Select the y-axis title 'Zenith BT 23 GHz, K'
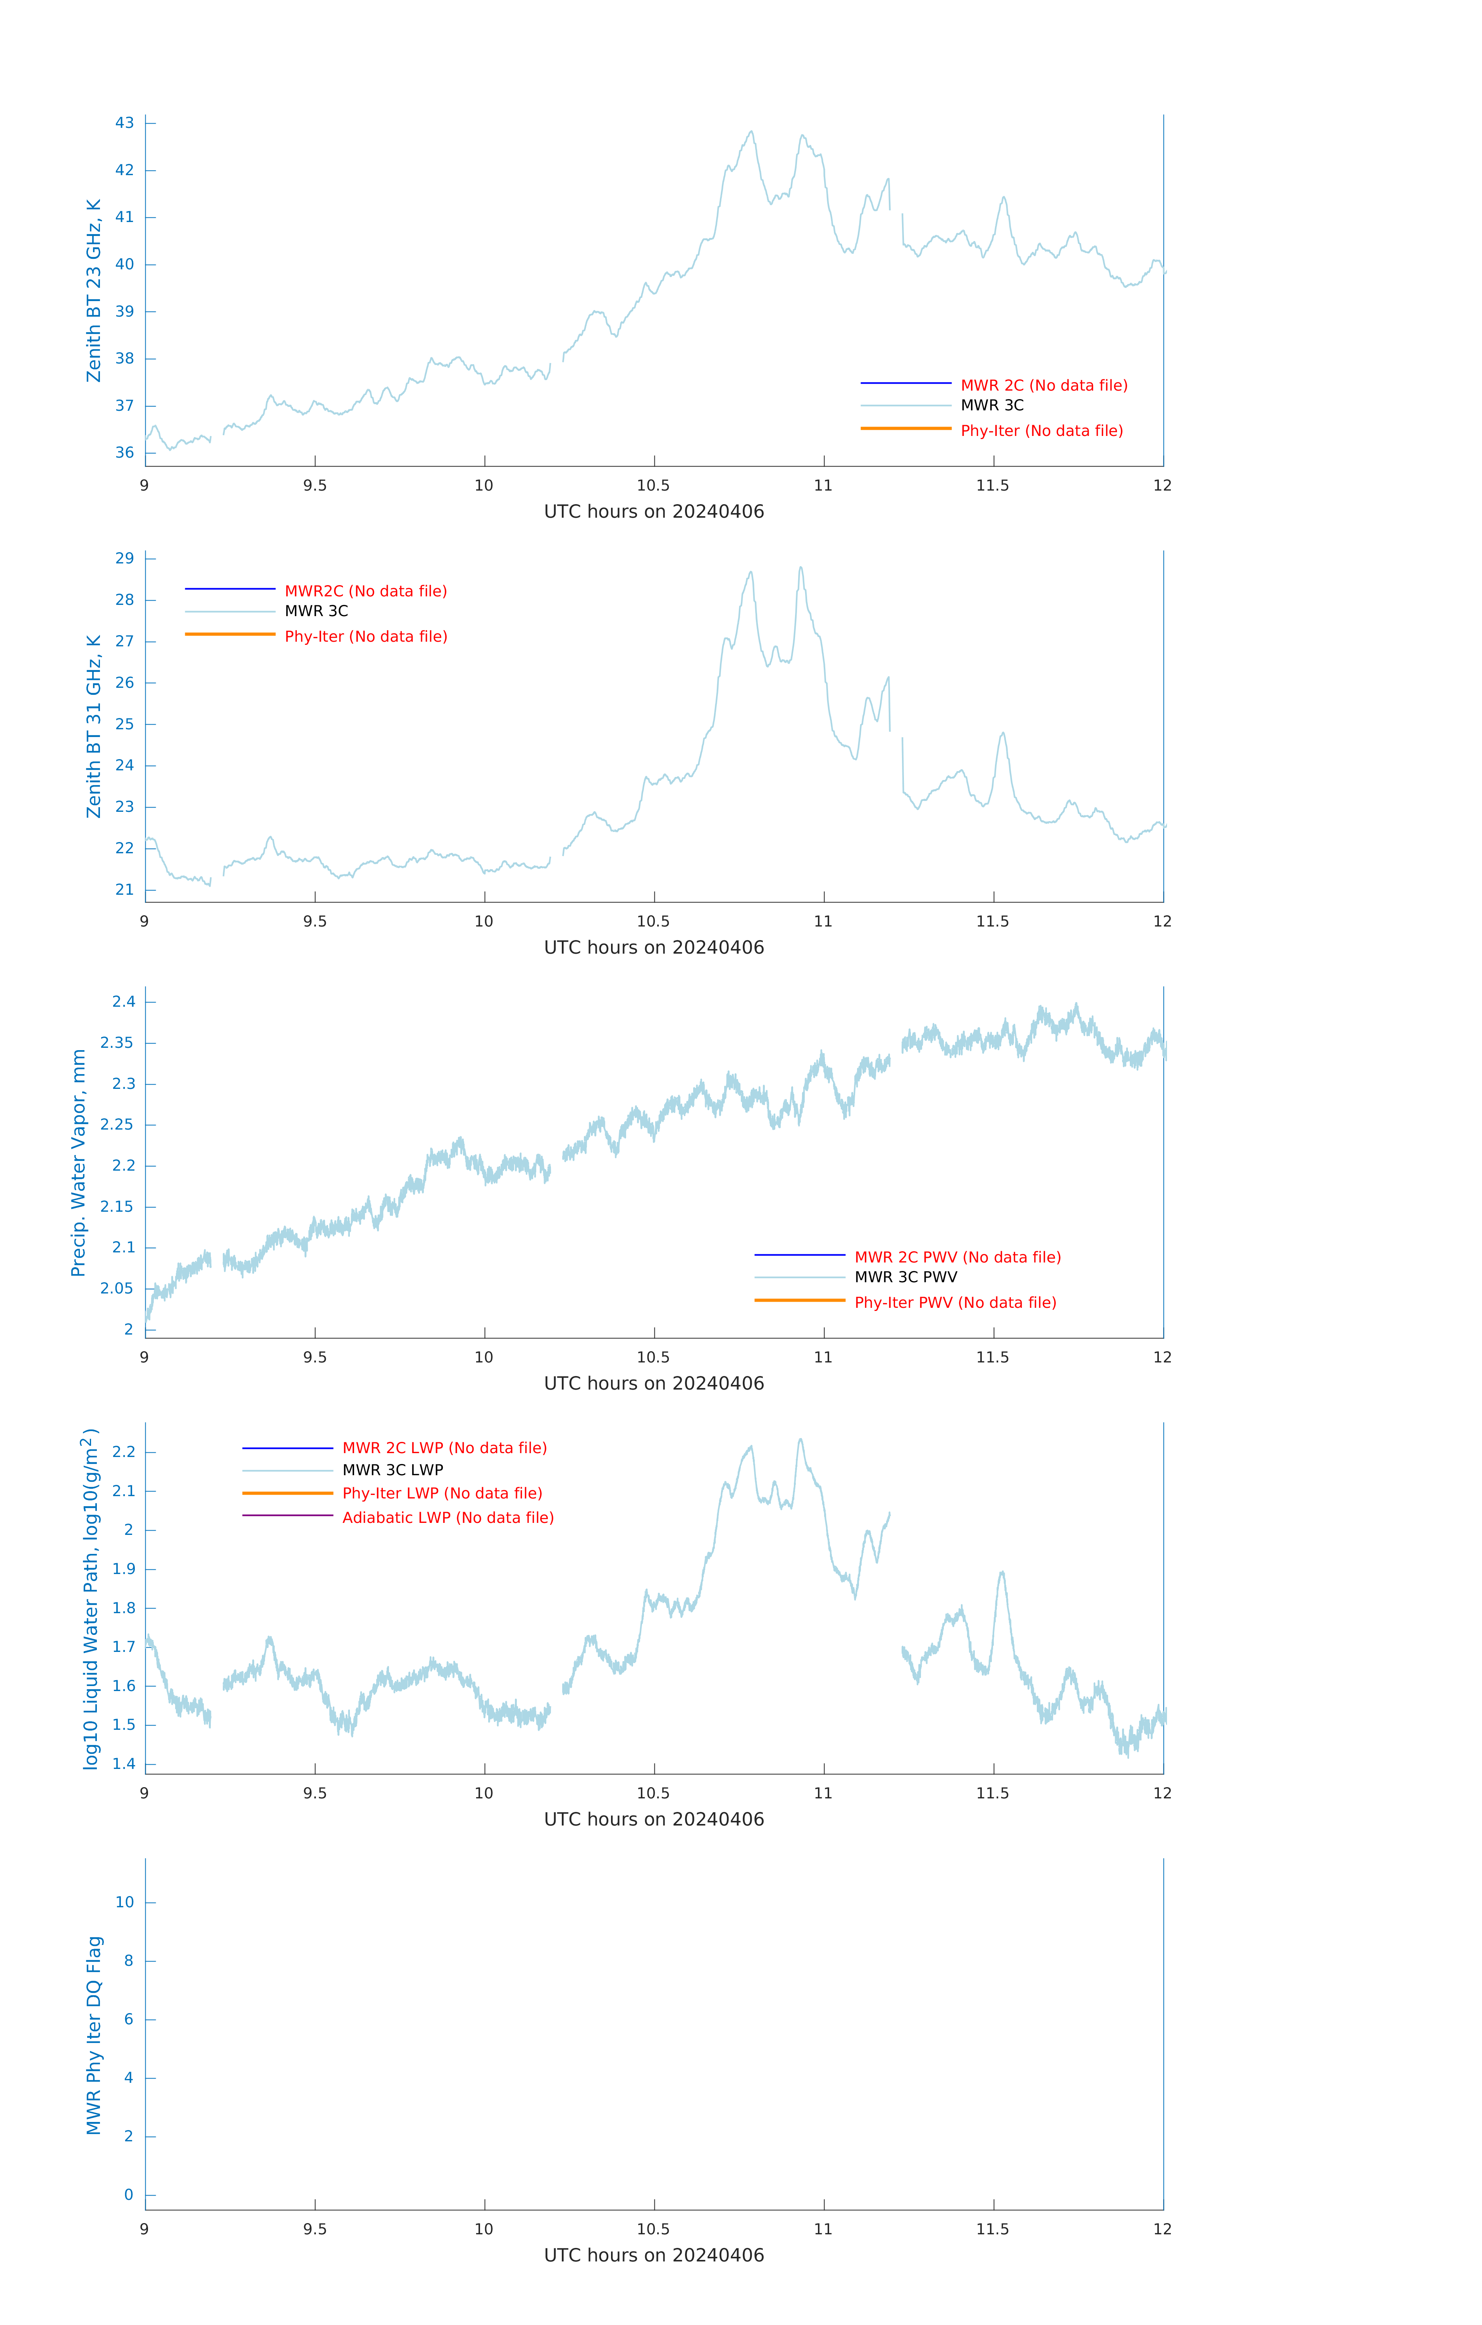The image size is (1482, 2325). pos(94,291)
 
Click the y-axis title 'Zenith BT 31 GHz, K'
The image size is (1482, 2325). pos(94,726)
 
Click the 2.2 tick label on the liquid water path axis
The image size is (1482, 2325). pos(124,1452)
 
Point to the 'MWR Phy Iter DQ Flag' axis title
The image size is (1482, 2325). pos(94,2035)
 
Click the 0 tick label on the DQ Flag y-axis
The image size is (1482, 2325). pos(128,2195)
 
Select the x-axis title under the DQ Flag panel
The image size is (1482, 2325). pos(654,2256)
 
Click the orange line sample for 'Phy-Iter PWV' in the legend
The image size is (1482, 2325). pos(799,1300)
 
